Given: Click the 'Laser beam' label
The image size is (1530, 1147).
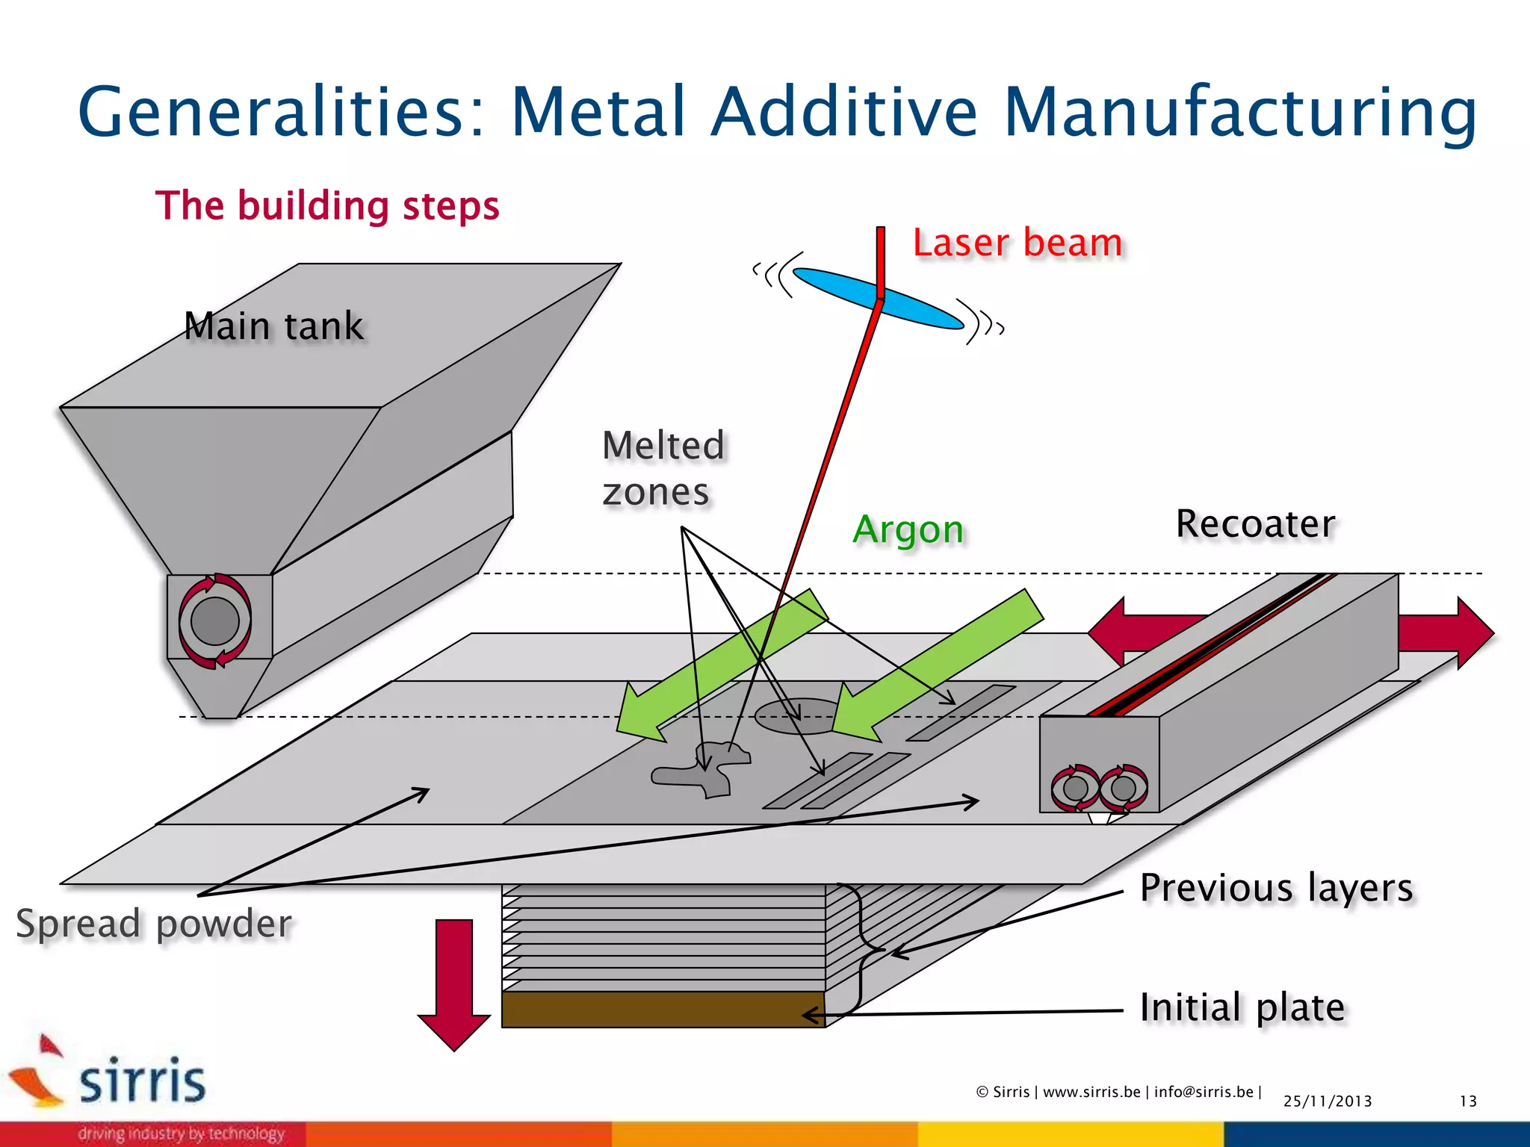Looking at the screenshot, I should pos(1017,243).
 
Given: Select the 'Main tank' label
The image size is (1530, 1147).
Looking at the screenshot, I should pos(273,326).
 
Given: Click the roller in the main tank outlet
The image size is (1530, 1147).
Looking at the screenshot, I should pos(215,621).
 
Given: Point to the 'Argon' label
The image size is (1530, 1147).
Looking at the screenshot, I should pos(908,529).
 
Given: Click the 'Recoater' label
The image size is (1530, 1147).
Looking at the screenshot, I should pos(1255,523).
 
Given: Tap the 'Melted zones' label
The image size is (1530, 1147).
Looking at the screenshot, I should pos(662,468).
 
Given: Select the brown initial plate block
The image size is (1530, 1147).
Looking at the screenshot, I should pos(663,1010).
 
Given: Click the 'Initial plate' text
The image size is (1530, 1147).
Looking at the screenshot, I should pos(1242,1007).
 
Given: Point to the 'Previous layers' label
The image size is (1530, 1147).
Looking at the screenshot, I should pos(1276,888).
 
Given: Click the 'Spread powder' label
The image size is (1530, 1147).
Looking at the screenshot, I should pos(154,924).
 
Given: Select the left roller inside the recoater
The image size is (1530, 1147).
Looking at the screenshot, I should pos(1076,788).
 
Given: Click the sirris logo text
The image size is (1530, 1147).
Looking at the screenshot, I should pos(142,1081).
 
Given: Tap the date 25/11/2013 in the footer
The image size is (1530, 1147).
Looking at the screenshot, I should pos(1328,1101).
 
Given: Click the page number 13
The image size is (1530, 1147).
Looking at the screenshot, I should pos(1468,1101).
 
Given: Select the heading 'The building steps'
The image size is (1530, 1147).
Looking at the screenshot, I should pos(327,205).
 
